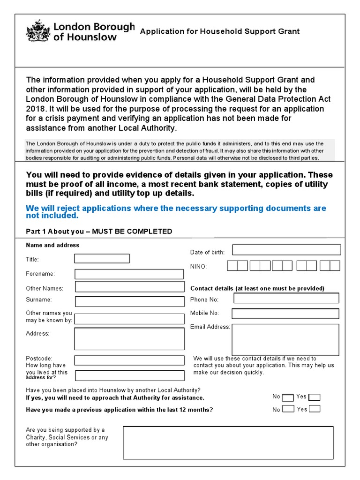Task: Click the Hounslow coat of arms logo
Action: point(37,31)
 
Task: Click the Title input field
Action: point(102,259)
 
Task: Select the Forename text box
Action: point(129,274)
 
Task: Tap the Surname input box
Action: point(129,301)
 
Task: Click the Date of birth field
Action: point(286,250)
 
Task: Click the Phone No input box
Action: point(285,298)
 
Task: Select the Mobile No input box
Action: point(285,313)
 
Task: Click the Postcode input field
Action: point(129,360)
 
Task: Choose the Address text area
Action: point(129,339)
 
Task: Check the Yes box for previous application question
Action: point(315,408)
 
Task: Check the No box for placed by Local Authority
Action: point(289,397)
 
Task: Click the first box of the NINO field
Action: point(232,266)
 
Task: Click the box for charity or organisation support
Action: point(228,442)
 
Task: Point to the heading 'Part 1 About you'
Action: point(99,232)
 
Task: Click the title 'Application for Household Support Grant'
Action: point(220,31)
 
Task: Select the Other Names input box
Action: point(129,287)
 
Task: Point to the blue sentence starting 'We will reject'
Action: point(176,212)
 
